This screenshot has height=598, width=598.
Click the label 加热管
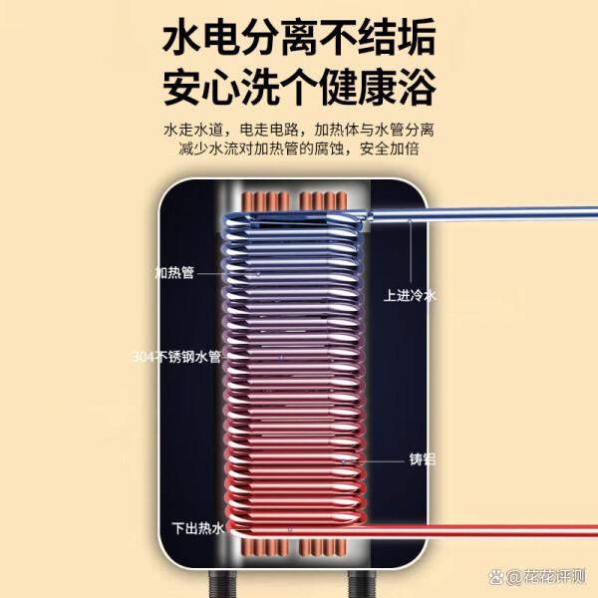tap(174, 273)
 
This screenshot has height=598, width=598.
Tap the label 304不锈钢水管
tap(176, 357)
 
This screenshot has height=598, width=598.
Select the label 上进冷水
tap(410, 296)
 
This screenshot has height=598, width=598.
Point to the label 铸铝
tap(423, 459)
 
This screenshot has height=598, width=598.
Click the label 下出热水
tap(198, 528)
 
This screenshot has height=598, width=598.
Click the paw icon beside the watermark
tap(496, 576)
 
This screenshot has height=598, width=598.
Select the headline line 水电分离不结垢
tap(299, 38)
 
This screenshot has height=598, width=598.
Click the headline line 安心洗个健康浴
tap(299, 87)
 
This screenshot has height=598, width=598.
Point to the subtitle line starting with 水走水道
tap(299, 130)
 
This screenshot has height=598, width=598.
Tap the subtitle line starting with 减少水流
tap(299, 149)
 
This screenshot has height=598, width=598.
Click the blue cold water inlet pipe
tap(480, 213)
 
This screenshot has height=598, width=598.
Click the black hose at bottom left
tap(218, 584)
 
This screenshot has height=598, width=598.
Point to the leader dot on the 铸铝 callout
tap(343, 461)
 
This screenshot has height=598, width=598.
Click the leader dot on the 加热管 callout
tap(258, 274)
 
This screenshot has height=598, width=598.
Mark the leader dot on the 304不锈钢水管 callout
tap(282, 358)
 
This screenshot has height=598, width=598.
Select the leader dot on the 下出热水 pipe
tap(290, 529)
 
